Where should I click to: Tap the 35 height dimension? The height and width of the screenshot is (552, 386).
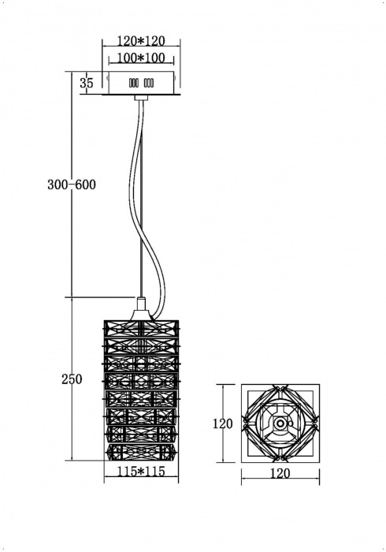click(x=87, y=82)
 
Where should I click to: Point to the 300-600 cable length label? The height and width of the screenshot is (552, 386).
click(x=70, y=185)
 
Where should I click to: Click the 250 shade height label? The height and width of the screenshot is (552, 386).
click(x=72, y=380)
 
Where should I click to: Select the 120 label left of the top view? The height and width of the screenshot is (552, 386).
click(x=223, y=423)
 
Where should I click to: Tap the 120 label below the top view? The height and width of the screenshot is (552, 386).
click(x=280, y=473)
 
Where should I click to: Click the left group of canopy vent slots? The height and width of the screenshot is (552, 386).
click(x=132, y=82)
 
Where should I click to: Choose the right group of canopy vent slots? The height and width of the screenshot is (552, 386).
click(x=149, y=82)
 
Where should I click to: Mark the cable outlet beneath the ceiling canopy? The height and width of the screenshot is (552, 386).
click(x=141, y=97)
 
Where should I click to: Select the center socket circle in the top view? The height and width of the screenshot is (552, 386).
click(x=280, y=424)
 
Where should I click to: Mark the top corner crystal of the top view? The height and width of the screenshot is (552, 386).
click(x=280, y=389)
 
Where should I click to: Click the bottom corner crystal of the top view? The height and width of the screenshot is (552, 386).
click(x=280, y=458)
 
